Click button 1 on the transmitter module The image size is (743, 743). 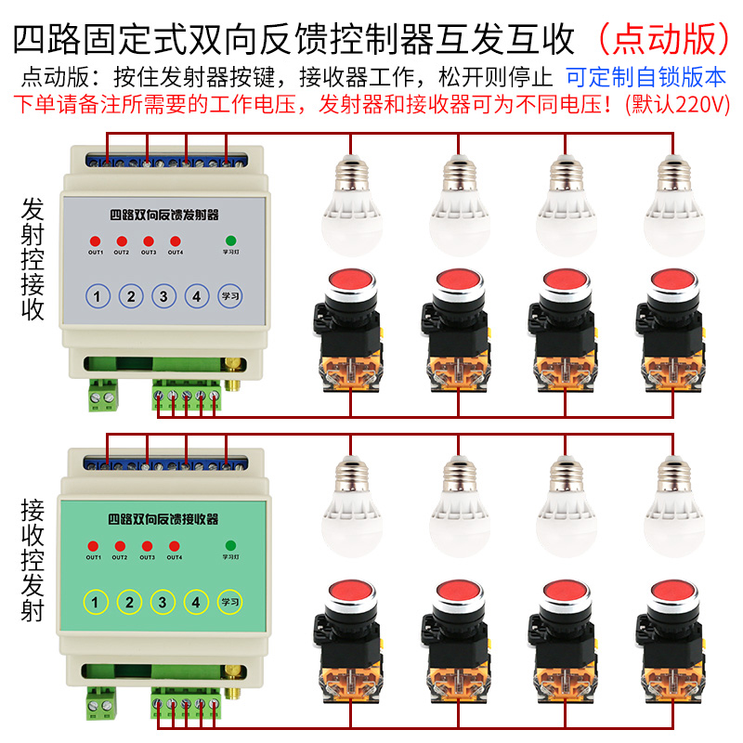coord(98,297)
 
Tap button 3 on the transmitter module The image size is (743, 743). coord(163,297)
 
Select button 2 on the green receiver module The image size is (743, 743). coord(130,602)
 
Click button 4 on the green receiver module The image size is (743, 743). coord(194,602)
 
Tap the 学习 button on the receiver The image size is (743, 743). coord(230,602)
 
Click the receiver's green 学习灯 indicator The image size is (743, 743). coord(230,545)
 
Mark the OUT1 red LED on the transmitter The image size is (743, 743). coord(95,242)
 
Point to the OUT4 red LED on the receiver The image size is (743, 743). coord(174,546)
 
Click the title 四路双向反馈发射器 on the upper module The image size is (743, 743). coord(163,215)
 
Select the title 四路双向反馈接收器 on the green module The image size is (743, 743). coord(163,518)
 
